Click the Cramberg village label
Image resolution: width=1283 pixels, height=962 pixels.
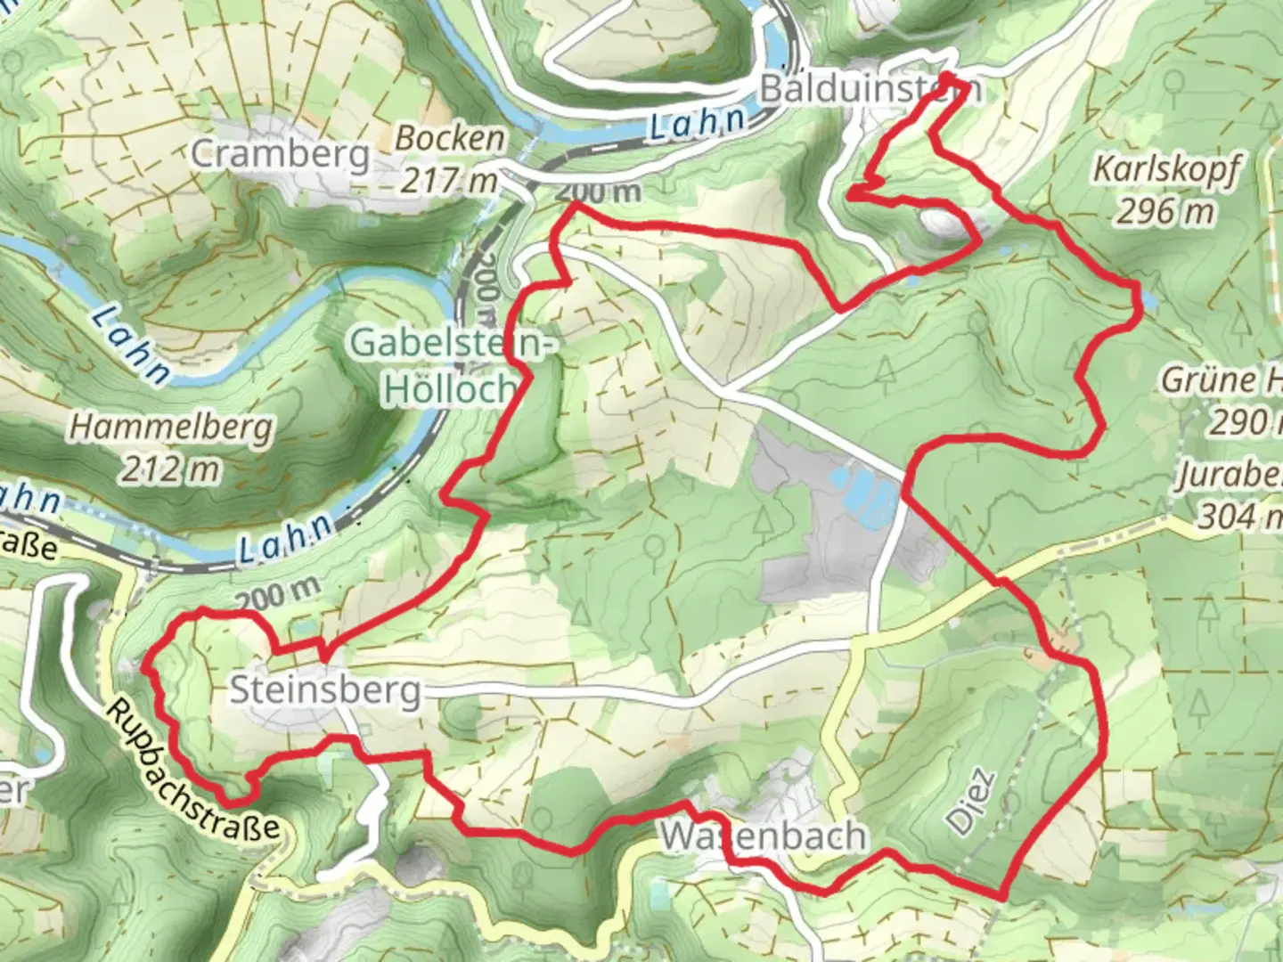(281, 154)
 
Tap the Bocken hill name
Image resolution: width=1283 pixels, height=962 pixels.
(450, 138)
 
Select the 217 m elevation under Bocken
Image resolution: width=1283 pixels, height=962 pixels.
(448, 181)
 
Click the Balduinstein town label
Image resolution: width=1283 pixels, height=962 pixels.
(870, 89)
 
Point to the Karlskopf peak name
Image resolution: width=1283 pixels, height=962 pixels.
(1165, 168)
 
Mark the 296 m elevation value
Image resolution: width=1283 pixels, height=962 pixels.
(1165, 211)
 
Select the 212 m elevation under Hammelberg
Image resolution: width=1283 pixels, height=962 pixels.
(170, 469)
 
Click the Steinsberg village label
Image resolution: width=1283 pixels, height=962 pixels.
(325, 690)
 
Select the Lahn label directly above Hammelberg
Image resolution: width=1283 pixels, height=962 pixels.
(130, 344)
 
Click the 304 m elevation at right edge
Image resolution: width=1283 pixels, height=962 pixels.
(1238, 515)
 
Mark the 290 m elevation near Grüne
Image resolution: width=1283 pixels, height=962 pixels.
(1244, 421)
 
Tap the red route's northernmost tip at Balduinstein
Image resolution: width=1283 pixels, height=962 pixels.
(944, 77)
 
